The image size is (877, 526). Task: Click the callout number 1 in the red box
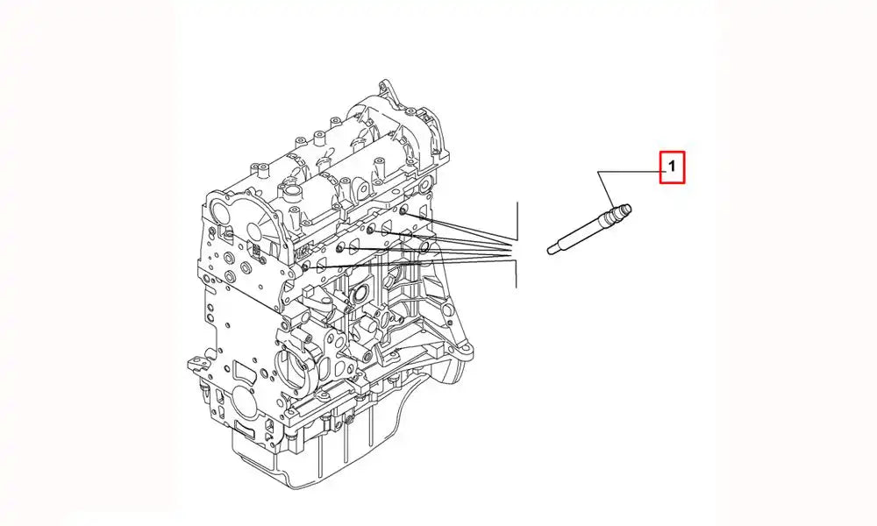[673, 166]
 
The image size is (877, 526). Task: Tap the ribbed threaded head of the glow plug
[622, 212]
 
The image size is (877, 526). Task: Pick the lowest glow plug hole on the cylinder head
[305, 267]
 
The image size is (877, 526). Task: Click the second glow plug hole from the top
[371, 229]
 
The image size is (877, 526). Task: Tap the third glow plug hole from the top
[339, 247]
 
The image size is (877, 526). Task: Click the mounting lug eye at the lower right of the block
[464, 352]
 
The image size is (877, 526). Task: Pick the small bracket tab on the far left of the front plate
[194, 362]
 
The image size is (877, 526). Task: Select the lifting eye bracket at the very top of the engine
[386, 89]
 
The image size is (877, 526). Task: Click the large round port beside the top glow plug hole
[425, 246]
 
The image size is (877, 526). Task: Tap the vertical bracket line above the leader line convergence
[518, 221]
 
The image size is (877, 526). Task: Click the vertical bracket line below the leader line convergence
[516, 274]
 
